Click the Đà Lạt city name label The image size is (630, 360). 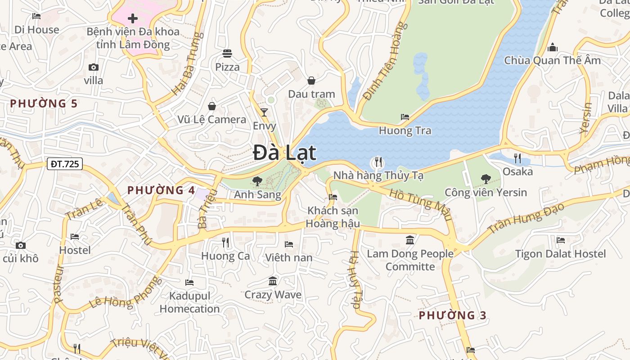284,153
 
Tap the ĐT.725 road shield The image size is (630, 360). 65,164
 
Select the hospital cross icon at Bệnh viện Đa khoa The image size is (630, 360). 133,18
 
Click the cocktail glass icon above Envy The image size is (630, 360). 264,112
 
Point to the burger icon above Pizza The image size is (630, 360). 227,54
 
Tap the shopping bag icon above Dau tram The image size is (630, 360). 311,81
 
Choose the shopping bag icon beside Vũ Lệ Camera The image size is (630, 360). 212,106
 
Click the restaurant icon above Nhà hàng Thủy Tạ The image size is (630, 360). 378,162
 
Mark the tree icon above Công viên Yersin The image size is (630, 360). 486,179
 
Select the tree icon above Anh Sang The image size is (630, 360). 257,181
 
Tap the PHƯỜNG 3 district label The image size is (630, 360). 453,315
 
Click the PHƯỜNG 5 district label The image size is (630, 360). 44,104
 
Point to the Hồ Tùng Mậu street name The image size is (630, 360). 420,205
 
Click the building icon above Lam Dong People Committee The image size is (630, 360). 410,240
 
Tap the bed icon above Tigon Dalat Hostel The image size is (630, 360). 560,240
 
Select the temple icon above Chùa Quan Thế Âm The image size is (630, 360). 552,47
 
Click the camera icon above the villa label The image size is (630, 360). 94,67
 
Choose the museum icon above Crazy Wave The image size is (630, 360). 273,281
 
